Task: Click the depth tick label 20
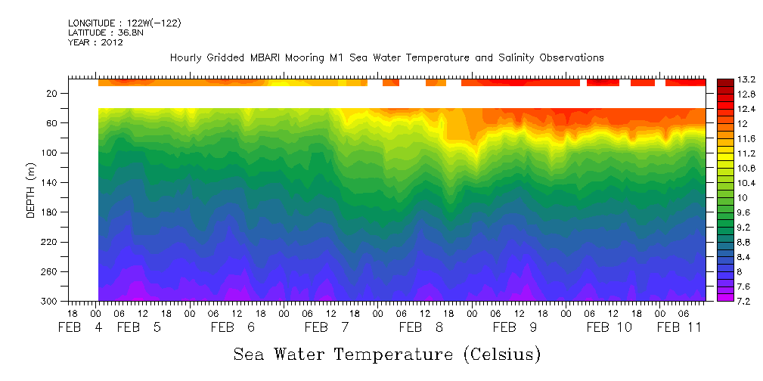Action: pyautogui.click(x=53, y=93)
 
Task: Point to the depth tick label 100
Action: pyautogui.click(x=51, y=153)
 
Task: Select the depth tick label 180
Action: pyautogui.click(x=51, y=212)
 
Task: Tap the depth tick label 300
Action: pyautogui.click(x=51, y=301)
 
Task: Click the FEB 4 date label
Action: pyautogui.click(x=79, y=327)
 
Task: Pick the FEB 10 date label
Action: pyautogui.click(x=609, y=327)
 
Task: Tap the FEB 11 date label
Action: pyautogui.click(x=678, y=327)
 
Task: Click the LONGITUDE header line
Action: pyautogui.click(x=124, y=23)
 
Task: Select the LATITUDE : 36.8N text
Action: pyautogui.click(x=106, y=33)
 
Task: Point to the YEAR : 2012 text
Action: pyautogui.click(x=95, y=42)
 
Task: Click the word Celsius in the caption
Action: pyautogui.click(x=501, y=354)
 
